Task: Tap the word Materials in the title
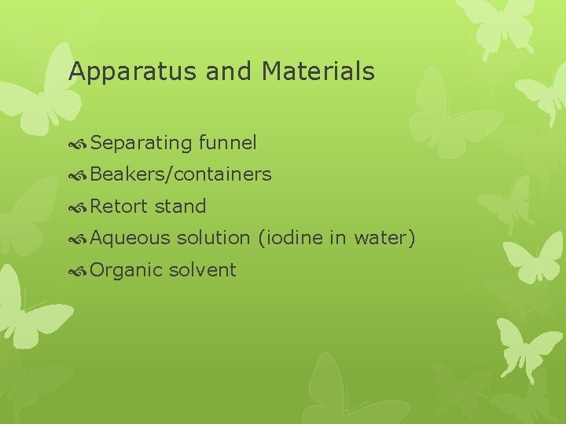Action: pyautogui.click(x=318, y=71)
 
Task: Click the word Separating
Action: pyautogui.click(x=141, y=143)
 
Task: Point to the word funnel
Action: pyautogui.click(x=228, y=142)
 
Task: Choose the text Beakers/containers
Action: pyautogui.click(x=181, y=174)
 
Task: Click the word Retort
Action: pyautogui.click(x=119, y=207)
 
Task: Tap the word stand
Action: pyautogui.click(x=181, y=207)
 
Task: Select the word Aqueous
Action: pyautogui.click(x=130, y=238)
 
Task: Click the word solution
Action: pyautogui.click(x=213, y=238)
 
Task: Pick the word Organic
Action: pyautogui.click(x=127, y=270)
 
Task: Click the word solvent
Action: pyautogui.click(x=202, y=270)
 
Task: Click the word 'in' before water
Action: pyautogui.click(x=336, y=238)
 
